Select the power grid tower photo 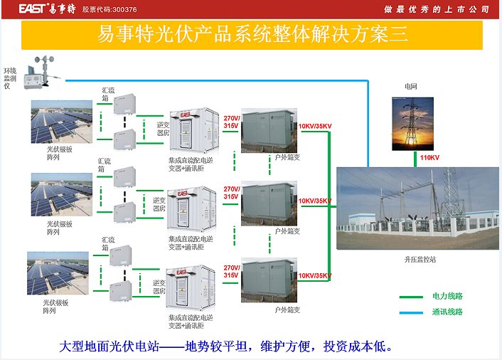point(412,124)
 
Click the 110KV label point(429,157)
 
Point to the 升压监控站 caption point(420,260)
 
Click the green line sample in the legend point(411,297)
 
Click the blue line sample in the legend point(411,312)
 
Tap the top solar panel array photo point(61,122)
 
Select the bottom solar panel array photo point(58,273)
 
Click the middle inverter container point(192,209)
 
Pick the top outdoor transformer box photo point(269,131)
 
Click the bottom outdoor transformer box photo point(269,280)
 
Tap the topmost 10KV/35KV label point(315,126)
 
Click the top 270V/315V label point(232,122)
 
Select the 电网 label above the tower point(411,87)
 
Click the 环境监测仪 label point(10,78)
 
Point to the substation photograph point(417,208)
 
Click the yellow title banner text point(252,34)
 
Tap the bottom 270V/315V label point(232,272)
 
